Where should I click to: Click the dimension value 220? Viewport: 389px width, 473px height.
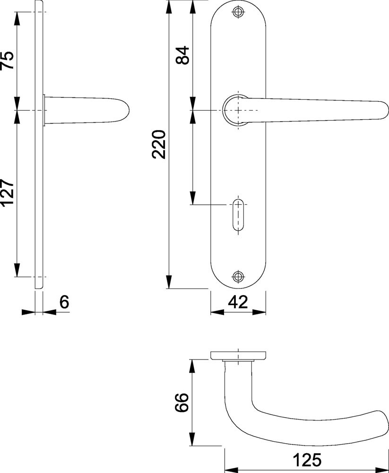coord(159,144)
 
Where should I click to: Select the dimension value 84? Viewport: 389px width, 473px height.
coord(182,55)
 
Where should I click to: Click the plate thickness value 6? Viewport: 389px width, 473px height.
coord(64,302)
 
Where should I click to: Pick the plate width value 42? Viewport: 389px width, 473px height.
coord(238,302)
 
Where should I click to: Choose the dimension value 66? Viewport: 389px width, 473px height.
coord(182,402)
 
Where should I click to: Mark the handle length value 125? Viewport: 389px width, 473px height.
coord(307,460)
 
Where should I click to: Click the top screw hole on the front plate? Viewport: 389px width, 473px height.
coord(238,12)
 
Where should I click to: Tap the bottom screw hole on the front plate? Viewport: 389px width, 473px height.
coord(238,276)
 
